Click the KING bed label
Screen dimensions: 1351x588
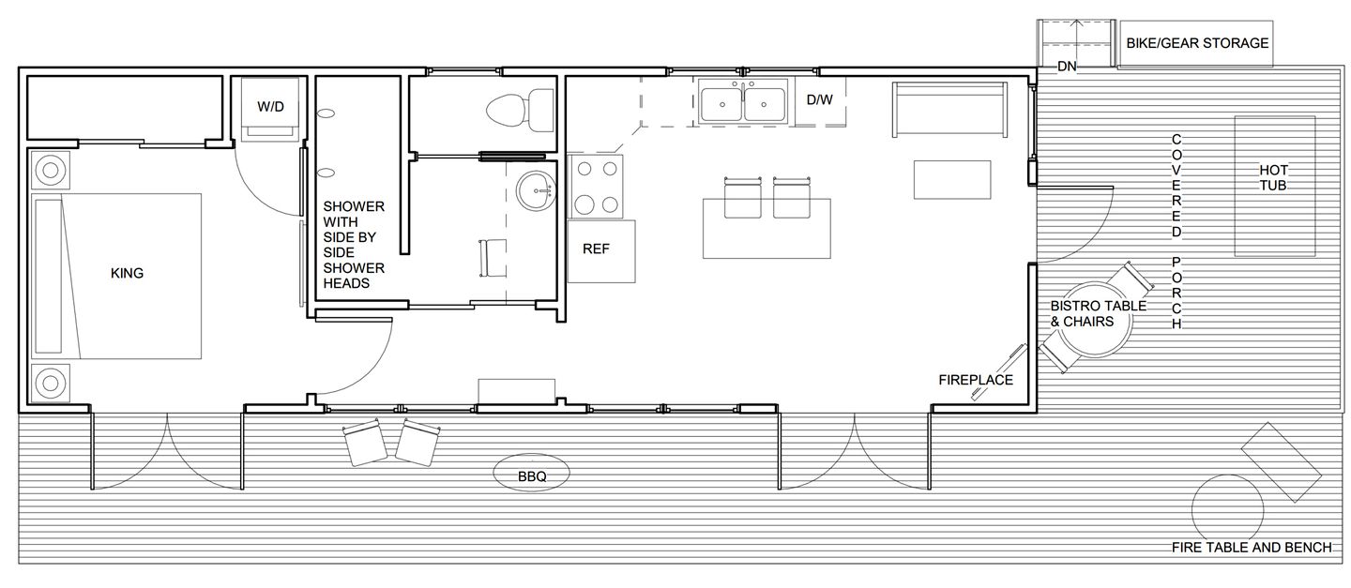pyautogui.click(x=127, y=273)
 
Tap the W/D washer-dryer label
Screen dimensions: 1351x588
pyautogui.click(x=270, y=107)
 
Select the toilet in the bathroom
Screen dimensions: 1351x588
pyautogui.click(x=520, y=111)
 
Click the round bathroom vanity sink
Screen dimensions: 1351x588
pyautogui.click(x=536, y=191)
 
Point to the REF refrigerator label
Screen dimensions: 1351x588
pyautogui.click(x=596, y=249)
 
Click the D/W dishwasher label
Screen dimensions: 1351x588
pyautogui.click(x=820, y=100)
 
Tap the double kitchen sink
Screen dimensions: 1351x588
pyautogui.click(x=743, y=101)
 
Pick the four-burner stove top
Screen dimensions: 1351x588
pyautogui.click(x=596, y=187)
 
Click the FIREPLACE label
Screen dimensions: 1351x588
pyautogui.click(x=976, y=380)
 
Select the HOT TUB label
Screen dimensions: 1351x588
pyautogui.click(x=1273, y=178)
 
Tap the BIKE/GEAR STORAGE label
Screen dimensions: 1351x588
pyautogui.click(x=1197, y=43)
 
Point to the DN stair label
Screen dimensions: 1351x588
pyautogui.click(x=1067, y=67)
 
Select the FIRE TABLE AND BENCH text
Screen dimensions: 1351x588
pyautogui.click(x=1252, y=548)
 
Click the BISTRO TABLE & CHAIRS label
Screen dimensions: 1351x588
pyautogui.click(x=1098, y=313)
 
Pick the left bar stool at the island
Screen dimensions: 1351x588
pyautogui.click(x=742, y=198)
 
